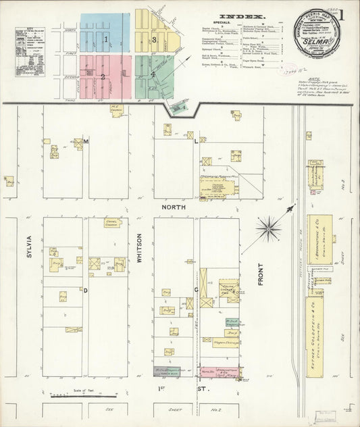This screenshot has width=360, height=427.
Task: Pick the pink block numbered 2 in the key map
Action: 103,76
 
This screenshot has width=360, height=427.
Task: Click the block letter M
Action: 86,141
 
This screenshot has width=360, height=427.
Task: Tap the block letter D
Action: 85,290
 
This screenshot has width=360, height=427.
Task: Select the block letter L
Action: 197,142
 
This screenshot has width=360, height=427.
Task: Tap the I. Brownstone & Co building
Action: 319,239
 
